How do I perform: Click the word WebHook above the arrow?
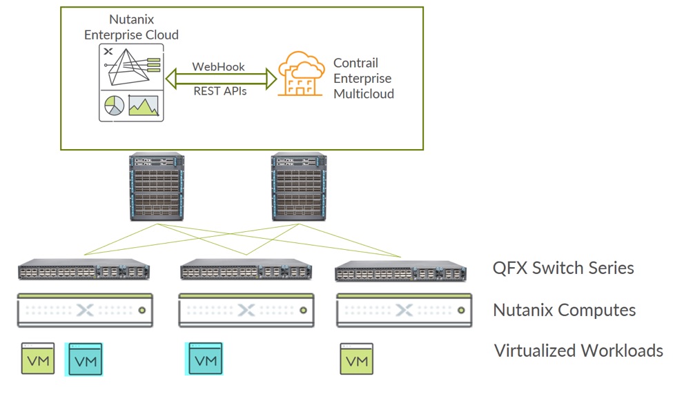click(218, 67)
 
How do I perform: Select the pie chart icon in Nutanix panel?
click(114, 105)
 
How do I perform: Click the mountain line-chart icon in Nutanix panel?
click(143, 105)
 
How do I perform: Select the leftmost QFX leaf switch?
click(84, 271)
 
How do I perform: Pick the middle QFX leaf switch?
click(245, 271)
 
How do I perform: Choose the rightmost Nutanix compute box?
click(404, 310)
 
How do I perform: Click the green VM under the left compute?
click(37, 359)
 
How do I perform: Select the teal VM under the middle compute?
click(205, 359)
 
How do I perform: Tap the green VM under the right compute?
click(356, 359)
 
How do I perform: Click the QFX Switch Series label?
click(563, 268)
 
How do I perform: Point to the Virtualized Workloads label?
click(578, 351)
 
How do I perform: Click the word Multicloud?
click(363, 94)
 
